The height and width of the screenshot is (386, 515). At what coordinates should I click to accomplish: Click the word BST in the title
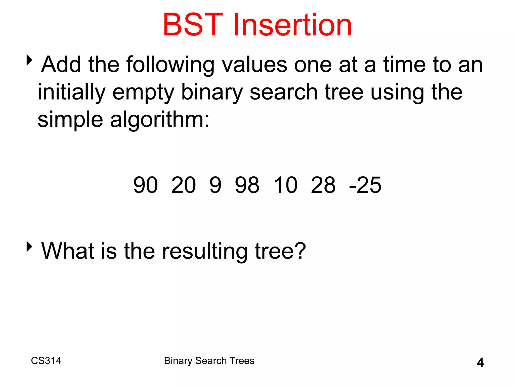pos(193,25)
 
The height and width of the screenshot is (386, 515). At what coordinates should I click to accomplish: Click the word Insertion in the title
pos(292,25)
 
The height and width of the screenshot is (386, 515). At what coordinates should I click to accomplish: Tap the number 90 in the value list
pos(146,185)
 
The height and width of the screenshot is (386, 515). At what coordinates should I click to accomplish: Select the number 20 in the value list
pos(183,185)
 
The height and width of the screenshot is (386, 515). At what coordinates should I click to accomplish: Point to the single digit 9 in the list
pos(216,185)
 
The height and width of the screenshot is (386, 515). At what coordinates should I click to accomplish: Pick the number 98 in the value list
pos(247,185)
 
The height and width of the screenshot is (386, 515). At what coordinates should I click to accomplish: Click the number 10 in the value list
pos(286,185)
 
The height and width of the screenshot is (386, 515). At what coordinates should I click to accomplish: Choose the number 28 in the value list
pos(323,185)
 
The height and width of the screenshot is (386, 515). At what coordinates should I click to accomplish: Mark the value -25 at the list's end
pos(365,185)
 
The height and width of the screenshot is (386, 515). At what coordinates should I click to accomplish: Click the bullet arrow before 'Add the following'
pos(29,60)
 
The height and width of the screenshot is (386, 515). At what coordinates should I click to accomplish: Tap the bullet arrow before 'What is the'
pos(29,247)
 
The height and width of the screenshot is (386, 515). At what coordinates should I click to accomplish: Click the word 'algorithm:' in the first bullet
pos(160,120)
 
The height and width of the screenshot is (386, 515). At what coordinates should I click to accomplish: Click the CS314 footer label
pos(46,361)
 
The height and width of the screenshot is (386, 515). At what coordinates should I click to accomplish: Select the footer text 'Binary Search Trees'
pos(209,361)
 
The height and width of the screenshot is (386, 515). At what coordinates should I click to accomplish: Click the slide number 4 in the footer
pos(480,362)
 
